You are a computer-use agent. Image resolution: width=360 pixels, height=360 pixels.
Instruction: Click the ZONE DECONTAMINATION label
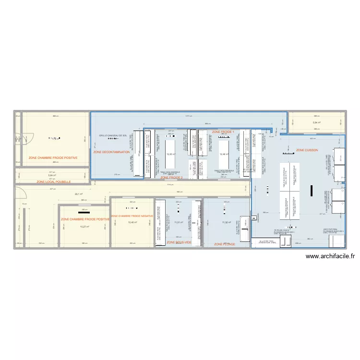click(x=112, y=152)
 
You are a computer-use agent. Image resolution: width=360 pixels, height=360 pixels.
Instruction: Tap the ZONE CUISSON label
click(x=307, y=150)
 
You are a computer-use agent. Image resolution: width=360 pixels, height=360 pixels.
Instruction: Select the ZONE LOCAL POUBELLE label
click(x=54, y=182)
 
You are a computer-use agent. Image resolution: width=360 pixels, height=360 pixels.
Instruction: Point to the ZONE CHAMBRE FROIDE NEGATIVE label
click(x=132, y=216)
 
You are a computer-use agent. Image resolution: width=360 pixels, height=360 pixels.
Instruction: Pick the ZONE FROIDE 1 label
click(x=223, y=132)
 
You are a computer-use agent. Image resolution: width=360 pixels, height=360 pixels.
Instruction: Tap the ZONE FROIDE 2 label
click(x=171, y=178)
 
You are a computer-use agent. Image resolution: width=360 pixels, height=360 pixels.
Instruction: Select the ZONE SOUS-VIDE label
click(x=179, y=243)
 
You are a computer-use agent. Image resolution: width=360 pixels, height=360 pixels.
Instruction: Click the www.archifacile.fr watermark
click(x=330, y=257)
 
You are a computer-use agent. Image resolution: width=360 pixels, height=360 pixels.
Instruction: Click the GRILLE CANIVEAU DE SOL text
click(x=113, y=136)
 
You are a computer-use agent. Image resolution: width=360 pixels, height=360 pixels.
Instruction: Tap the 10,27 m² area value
click(x=84, y=227)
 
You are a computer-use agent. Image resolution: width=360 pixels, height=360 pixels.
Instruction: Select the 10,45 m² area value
click(x=132, y=222)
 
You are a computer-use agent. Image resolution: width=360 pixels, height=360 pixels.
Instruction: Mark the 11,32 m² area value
click(x=227, y=222)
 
